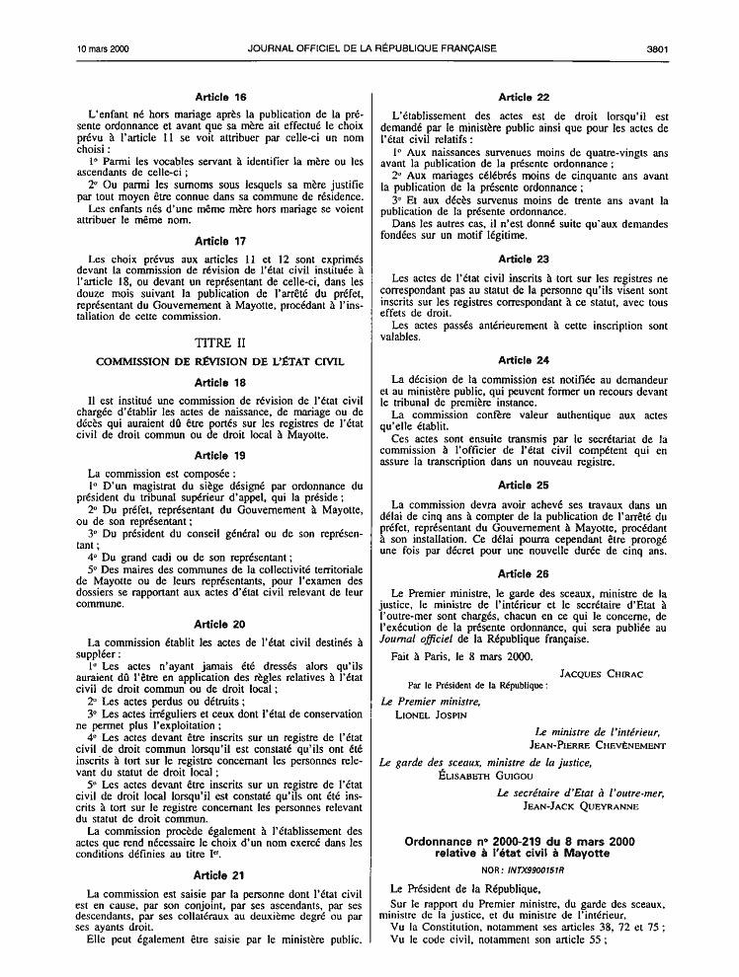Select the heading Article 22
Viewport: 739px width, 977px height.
click(x=524, y=97)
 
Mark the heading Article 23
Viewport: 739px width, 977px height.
click(x=524, y=259)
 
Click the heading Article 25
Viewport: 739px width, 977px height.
click(x=524, y=485)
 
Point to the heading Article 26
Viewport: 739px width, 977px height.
click(x=524, y=572)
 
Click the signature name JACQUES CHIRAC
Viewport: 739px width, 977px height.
click(x=601, y=674)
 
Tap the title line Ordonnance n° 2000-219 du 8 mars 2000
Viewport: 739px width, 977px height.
click(x=519, y=840)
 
